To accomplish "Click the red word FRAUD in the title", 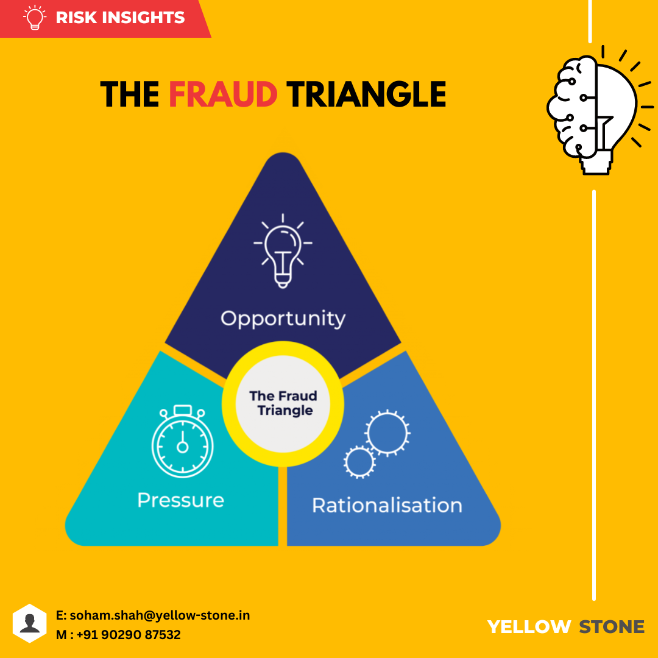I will coord(223,94).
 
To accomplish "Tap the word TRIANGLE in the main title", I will coord(366,94).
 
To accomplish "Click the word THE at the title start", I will coord(130,94).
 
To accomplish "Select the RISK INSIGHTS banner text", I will coord(120,18).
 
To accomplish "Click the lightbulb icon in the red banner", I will coord(34,18).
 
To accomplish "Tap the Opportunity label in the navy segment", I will coord(283,319).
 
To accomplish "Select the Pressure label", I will coord(180,500).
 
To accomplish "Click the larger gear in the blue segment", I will coord(387,432).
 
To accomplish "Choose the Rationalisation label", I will coord(387,505).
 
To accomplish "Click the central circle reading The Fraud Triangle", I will coord(283,403).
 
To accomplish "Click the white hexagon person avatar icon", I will coord(29,623).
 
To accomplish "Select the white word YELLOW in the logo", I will coord(529,626).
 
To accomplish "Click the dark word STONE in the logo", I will coord(611,626).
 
